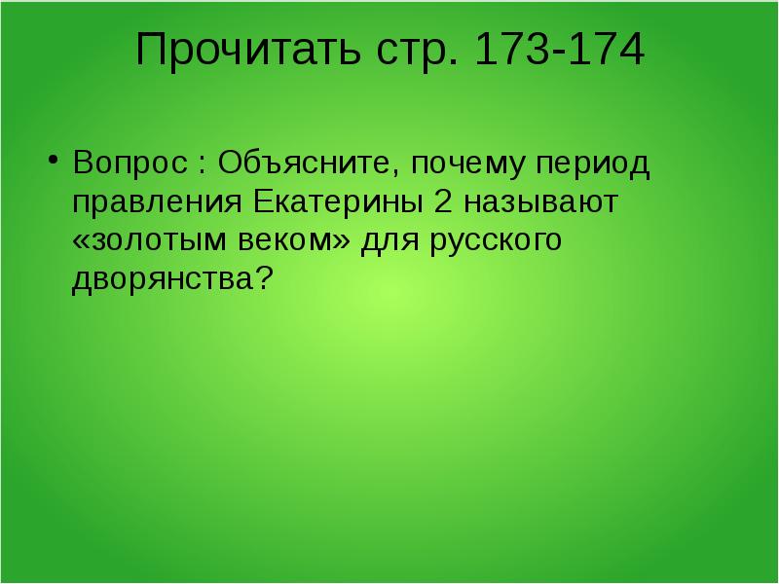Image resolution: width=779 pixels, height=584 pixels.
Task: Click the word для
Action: tap(389, 242)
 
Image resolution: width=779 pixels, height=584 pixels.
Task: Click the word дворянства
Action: tap(161, 281)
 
